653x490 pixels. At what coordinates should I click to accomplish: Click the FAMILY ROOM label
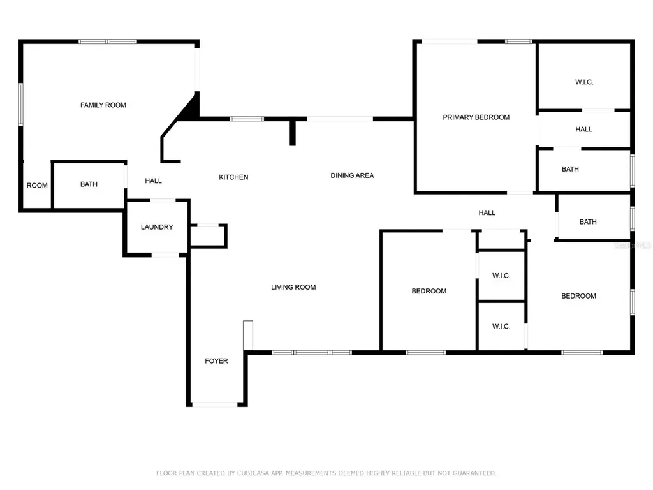[103, 105]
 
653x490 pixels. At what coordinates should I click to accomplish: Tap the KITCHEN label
[233, 177]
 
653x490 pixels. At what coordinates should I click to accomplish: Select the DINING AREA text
[352, 175]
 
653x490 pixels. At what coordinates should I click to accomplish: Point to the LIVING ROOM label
[293, 287]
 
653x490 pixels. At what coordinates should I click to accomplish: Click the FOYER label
[216, 361]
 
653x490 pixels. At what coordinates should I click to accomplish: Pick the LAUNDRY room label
[157, 227]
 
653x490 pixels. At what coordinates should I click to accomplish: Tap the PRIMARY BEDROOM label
[476, 117]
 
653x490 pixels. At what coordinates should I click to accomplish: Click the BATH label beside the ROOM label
[89, 184]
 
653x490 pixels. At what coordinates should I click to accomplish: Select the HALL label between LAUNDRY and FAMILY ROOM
[153, 181]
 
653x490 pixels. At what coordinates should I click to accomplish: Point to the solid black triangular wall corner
[189, 107]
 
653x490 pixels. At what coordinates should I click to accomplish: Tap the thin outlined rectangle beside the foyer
[248, 336]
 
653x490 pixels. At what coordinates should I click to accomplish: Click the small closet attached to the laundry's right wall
[209, 236]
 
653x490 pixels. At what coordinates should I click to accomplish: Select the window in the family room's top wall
[107, 41]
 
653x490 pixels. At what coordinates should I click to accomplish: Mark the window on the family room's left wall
[21, 104]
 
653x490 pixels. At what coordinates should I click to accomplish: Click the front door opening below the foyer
[214, 405]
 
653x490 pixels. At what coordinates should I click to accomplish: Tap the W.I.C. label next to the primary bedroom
[584, 82]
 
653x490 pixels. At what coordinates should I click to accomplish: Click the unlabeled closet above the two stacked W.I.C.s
[501, 240]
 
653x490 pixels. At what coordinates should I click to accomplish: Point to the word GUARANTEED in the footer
[474, 473]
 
